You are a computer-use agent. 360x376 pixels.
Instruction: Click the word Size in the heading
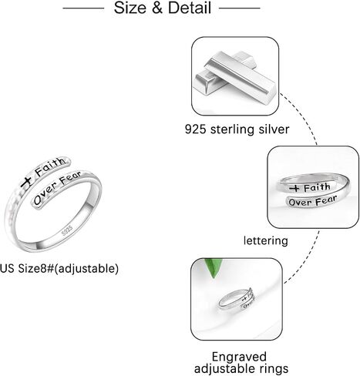[130, 8]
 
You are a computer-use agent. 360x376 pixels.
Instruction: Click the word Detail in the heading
[190, 8]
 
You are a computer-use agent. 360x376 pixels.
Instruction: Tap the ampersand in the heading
[157, 8]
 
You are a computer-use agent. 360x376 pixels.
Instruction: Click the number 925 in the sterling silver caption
[195, 129]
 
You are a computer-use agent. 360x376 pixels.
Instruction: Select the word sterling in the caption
[233, 129]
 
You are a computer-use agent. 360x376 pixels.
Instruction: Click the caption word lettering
[266, 241]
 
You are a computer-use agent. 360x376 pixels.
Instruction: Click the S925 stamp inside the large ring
[67, 230]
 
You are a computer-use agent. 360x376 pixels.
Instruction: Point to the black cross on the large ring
[27, 182]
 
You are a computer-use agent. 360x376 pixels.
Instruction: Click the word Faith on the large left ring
[50, 166]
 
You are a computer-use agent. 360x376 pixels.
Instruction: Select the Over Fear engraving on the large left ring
[58, 188]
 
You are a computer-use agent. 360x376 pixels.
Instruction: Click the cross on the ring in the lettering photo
[295, 189]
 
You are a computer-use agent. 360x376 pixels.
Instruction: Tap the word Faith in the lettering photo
[317, 187]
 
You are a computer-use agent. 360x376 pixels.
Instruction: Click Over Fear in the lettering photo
[312, 201]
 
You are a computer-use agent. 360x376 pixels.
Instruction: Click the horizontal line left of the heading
[83, 8]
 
